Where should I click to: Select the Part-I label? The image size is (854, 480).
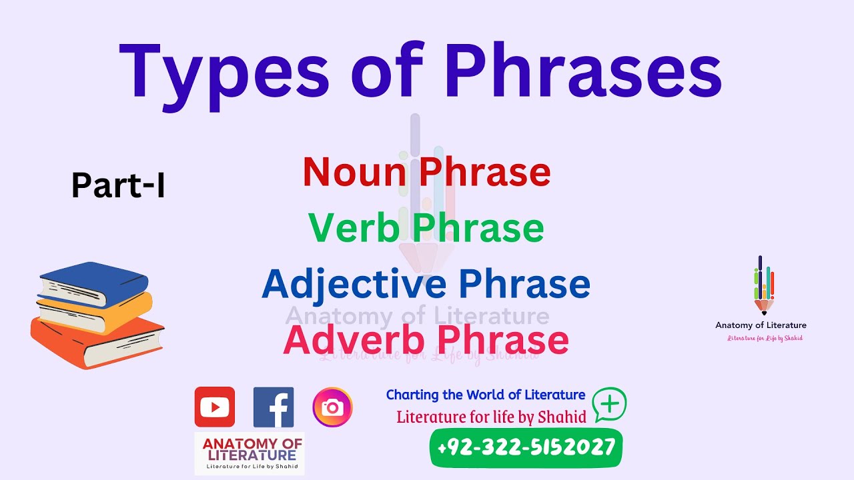pos(118,186)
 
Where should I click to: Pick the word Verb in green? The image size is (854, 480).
pos(353,228)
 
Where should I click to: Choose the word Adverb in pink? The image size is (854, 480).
pos(354,340)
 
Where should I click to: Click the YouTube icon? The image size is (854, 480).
pos(214,407)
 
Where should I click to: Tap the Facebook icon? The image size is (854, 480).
pos(274,407)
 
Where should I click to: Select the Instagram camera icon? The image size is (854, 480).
pos(332,407)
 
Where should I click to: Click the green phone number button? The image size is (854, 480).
pos(526,447)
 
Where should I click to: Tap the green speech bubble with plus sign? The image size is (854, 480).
pos(610,404)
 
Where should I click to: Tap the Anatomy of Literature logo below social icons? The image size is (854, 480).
pos(249,453)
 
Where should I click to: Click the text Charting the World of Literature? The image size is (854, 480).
pos(486,395)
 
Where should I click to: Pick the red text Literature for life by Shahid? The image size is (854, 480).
pos(491,417)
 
